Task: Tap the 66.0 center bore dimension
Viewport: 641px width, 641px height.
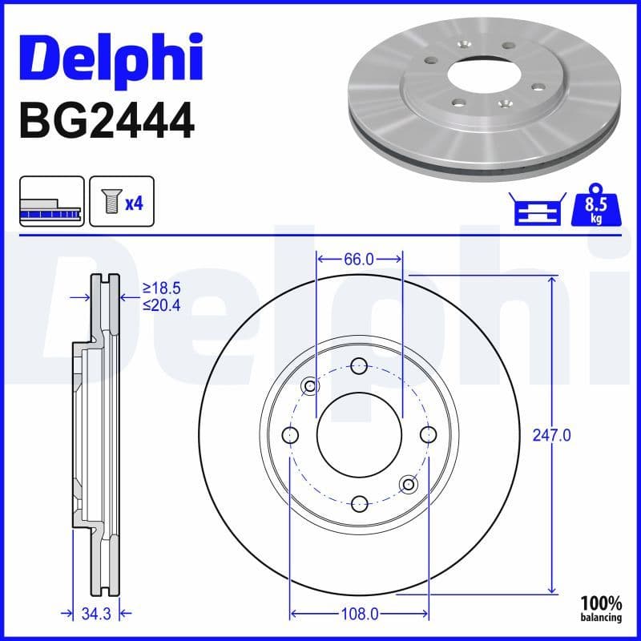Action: tap(359, 259)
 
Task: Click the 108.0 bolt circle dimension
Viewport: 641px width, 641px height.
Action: tap(359, 614)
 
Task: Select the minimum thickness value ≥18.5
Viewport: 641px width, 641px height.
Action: tap(160, 286)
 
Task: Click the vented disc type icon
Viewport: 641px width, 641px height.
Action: tap(51, 202)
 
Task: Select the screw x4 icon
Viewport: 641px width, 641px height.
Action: tap(121, 202)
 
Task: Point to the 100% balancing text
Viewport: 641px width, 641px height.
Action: tap(601, 608)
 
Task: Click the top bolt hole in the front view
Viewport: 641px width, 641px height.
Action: tap(359, 365)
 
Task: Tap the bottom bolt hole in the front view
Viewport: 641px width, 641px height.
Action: tap(359, 503)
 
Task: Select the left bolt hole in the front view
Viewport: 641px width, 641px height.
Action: tap(290, 434)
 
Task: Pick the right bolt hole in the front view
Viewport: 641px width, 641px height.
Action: tap(428, 434)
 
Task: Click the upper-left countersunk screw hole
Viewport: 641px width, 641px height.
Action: tap(310, 386)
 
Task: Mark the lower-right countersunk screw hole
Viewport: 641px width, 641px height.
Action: tap(409, 483)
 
